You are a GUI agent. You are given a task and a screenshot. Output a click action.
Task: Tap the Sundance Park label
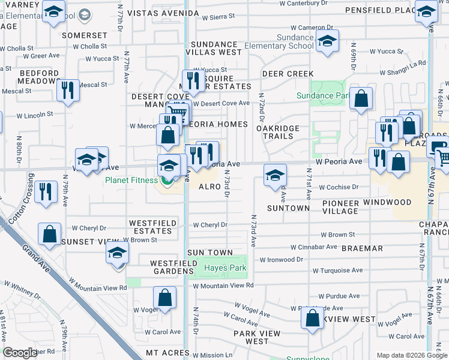[x=322, y=95]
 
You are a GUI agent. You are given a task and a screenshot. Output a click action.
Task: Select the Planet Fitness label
[x=131, y=179]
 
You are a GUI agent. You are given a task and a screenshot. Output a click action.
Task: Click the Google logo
[x=20, y=353]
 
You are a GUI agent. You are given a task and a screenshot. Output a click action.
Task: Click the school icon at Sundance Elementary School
[x=327, y=41]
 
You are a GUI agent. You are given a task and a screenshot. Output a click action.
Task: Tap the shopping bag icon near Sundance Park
[x=361, y=99]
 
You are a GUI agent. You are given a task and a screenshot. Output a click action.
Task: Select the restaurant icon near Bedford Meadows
[x=67, y=91]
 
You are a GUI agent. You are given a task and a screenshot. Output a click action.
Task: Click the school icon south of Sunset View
[x=118, y=254]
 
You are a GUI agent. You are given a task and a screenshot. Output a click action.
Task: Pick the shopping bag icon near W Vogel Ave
[x=164, y=298]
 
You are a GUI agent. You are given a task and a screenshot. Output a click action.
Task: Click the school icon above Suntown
[x=275, y=175]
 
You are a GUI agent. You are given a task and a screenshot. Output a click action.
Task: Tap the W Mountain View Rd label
[x=223, y=286]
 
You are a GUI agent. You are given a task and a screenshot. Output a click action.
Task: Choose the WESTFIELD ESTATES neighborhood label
[x=153, y=227]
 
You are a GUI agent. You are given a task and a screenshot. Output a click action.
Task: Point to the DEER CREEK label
[x=288, y=74]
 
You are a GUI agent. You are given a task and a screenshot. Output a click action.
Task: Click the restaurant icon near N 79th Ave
[x=45, y=191]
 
